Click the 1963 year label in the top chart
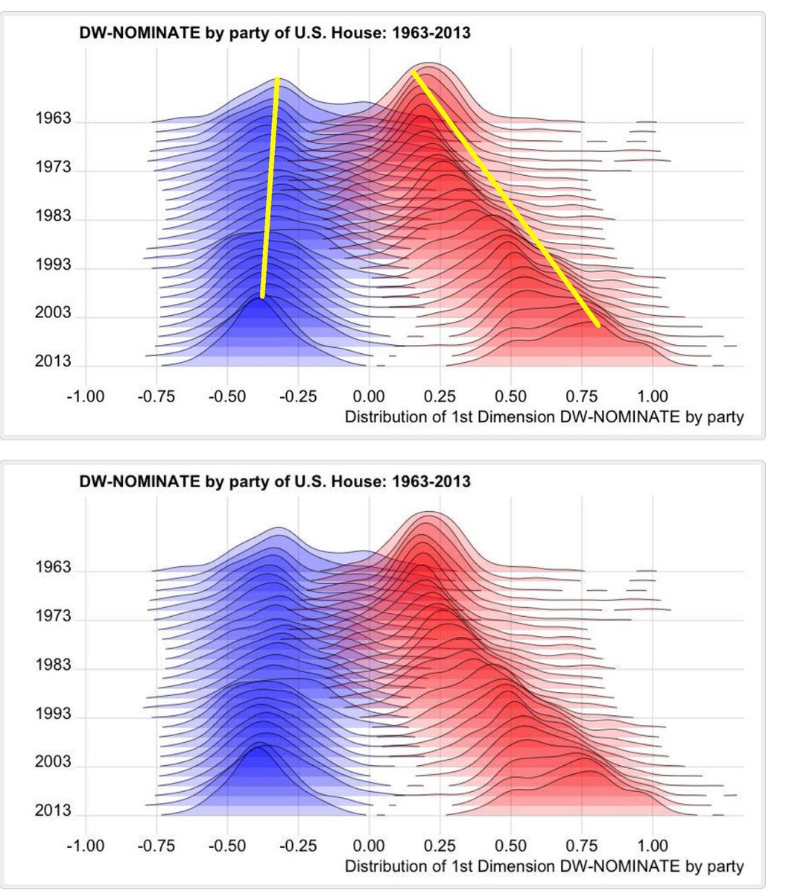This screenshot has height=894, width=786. (x=53, y=119)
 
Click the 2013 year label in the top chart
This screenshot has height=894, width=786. (x=53, y=362)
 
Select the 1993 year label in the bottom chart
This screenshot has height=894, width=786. (x=53, y=714)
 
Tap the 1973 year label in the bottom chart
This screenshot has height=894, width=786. (x=53, y=617)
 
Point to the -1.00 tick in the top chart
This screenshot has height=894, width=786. (x=85, y=396)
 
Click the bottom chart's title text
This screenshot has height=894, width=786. (x=275, y=481)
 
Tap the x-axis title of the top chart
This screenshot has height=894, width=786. (x=544, y=417)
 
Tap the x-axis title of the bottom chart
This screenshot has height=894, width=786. (x=544, y=866)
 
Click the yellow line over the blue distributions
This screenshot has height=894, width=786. (x=270, y=186)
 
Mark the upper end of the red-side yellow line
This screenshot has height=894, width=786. (x=414, y=73)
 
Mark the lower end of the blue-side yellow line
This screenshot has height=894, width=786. (x=262, y=296)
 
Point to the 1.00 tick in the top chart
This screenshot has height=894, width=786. (x=653, y=396)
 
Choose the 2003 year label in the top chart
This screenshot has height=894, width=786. (x=53, y=314)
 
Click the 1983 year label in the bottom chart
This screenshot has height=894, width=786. (x=53, y=665)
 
